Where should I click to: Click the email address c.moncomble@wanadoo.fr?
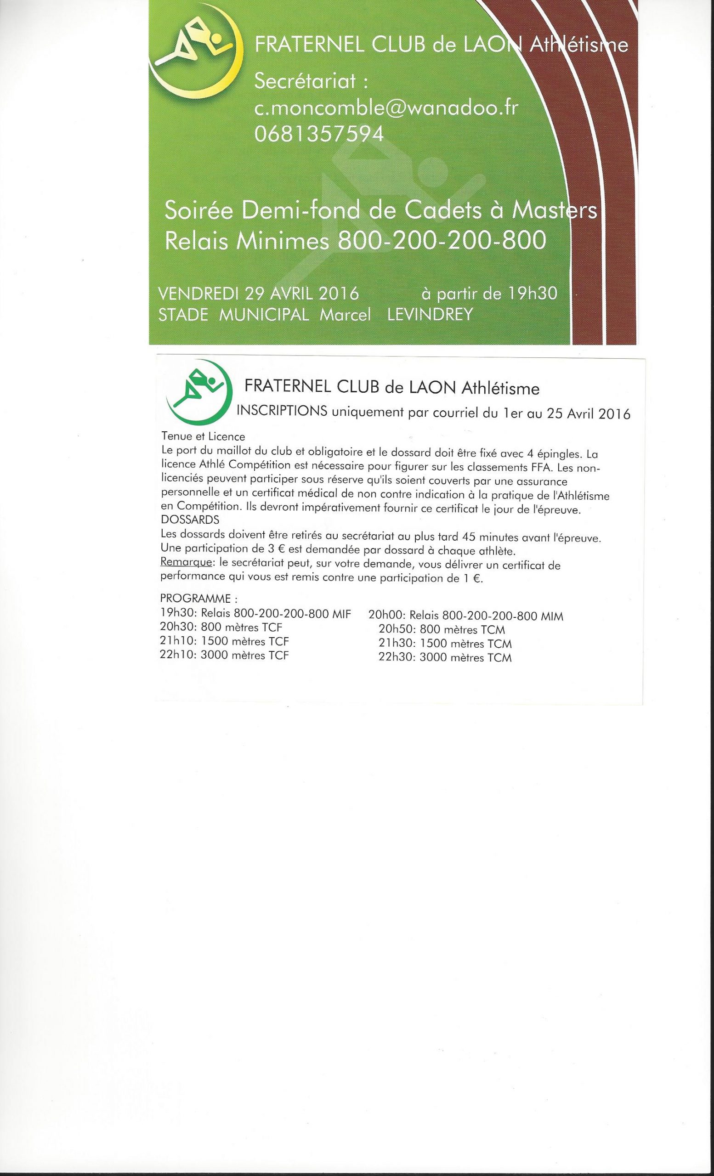tap(386, 109)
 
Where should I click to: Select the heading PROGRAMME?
tap(198, 599)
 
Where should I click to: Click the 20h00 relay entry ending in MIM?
tap(466, 616)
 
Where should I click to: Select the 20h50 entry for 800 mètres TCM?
tap(442, 629)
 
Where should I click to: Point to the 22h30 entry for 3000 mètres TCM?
tap(445, 657)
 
